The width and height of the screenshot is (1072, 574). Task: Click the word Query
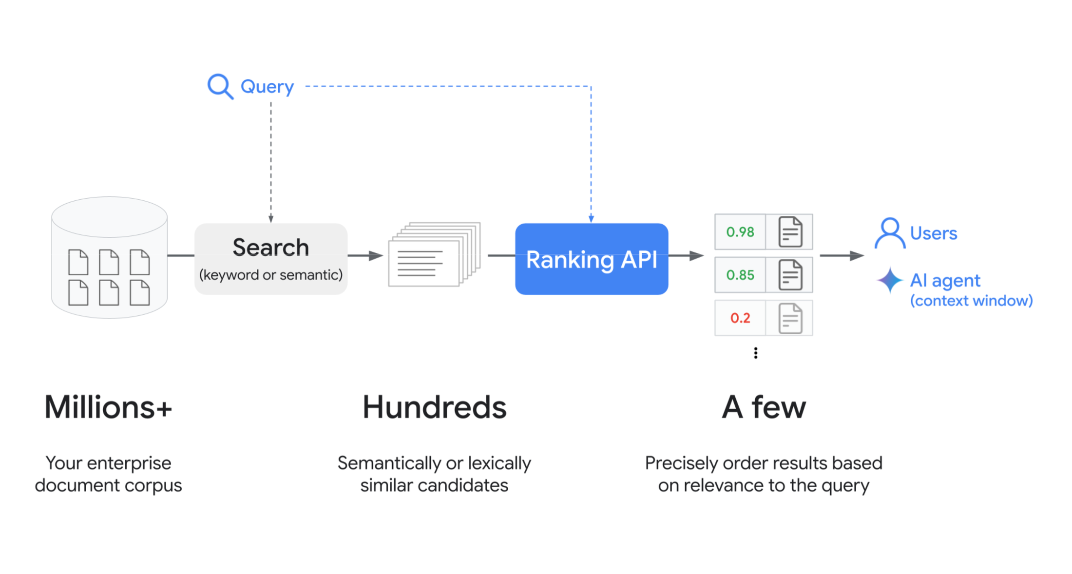tap(267, 87)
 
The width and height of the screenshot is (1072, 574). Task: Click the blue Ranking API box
tap(591, 259)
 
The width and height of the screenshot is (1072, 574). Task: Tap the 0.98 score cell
tap(740, 232)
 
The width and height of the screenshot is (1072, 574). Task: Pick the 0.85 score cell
tap(740, 275)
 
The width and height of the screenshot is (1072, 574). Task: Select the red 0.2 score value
tap(740, 318)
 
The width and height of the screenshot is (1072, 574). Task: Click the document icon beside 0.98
tap(790, 232)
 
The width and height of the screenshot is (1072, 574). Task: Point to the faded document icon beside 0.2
tap(790, 318)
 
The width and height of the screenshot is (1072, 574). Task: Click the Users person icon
tap(890, 233)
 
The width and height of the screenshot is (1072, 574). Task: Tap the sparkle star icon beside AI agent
tap(890, 280)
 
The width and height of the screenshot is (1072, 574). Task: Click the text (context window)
tap(971, 301)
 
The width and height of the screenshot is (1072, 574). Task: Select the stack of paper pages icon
tap(434, 254)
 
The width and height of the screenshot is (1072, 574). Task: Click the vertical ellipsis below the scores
tap(755, 353)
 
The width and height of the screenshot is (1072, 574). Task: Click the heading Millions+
tap(108, 407)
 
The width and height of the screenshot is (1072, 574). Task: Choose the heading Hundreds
tap(434, 407)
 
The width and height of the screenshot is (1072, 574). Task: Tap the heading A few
tap(764, 407)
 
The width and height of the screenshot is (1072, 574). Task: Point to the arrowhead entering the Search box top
tap(271, 219)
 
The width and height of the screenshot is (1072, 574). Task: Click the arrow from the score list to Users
tap(842, 255)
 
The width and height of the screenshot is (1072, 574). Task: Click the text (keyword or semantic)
tap(270, 275)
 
